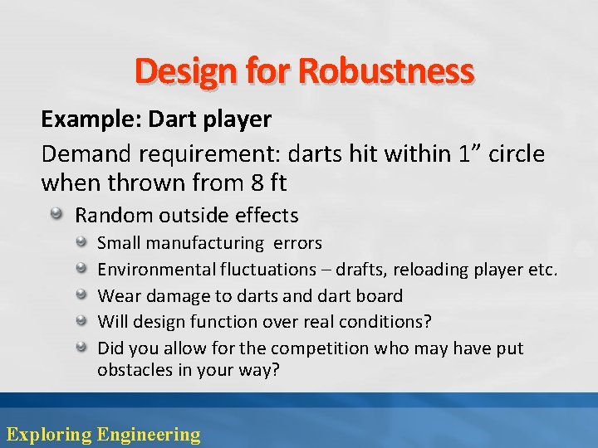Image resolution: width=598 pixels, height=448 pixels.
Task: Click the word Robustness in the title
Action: point(386,72)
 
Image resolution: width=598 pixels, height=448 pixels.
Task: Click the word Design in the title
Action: point(188,72)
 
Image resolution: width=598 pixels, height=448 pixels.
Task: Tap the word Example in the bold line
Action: point(91,119)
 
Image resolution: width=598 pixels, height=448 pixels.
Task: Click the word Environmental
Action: point(156,270)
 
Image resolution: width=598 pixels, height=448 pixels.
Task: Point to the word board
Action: point(379,295)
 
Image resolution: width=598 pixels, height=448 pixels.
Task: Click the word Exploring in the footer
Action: point(49,434)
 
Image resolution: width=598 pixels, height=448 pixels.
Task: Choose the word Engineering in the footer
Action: point(149,434)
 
